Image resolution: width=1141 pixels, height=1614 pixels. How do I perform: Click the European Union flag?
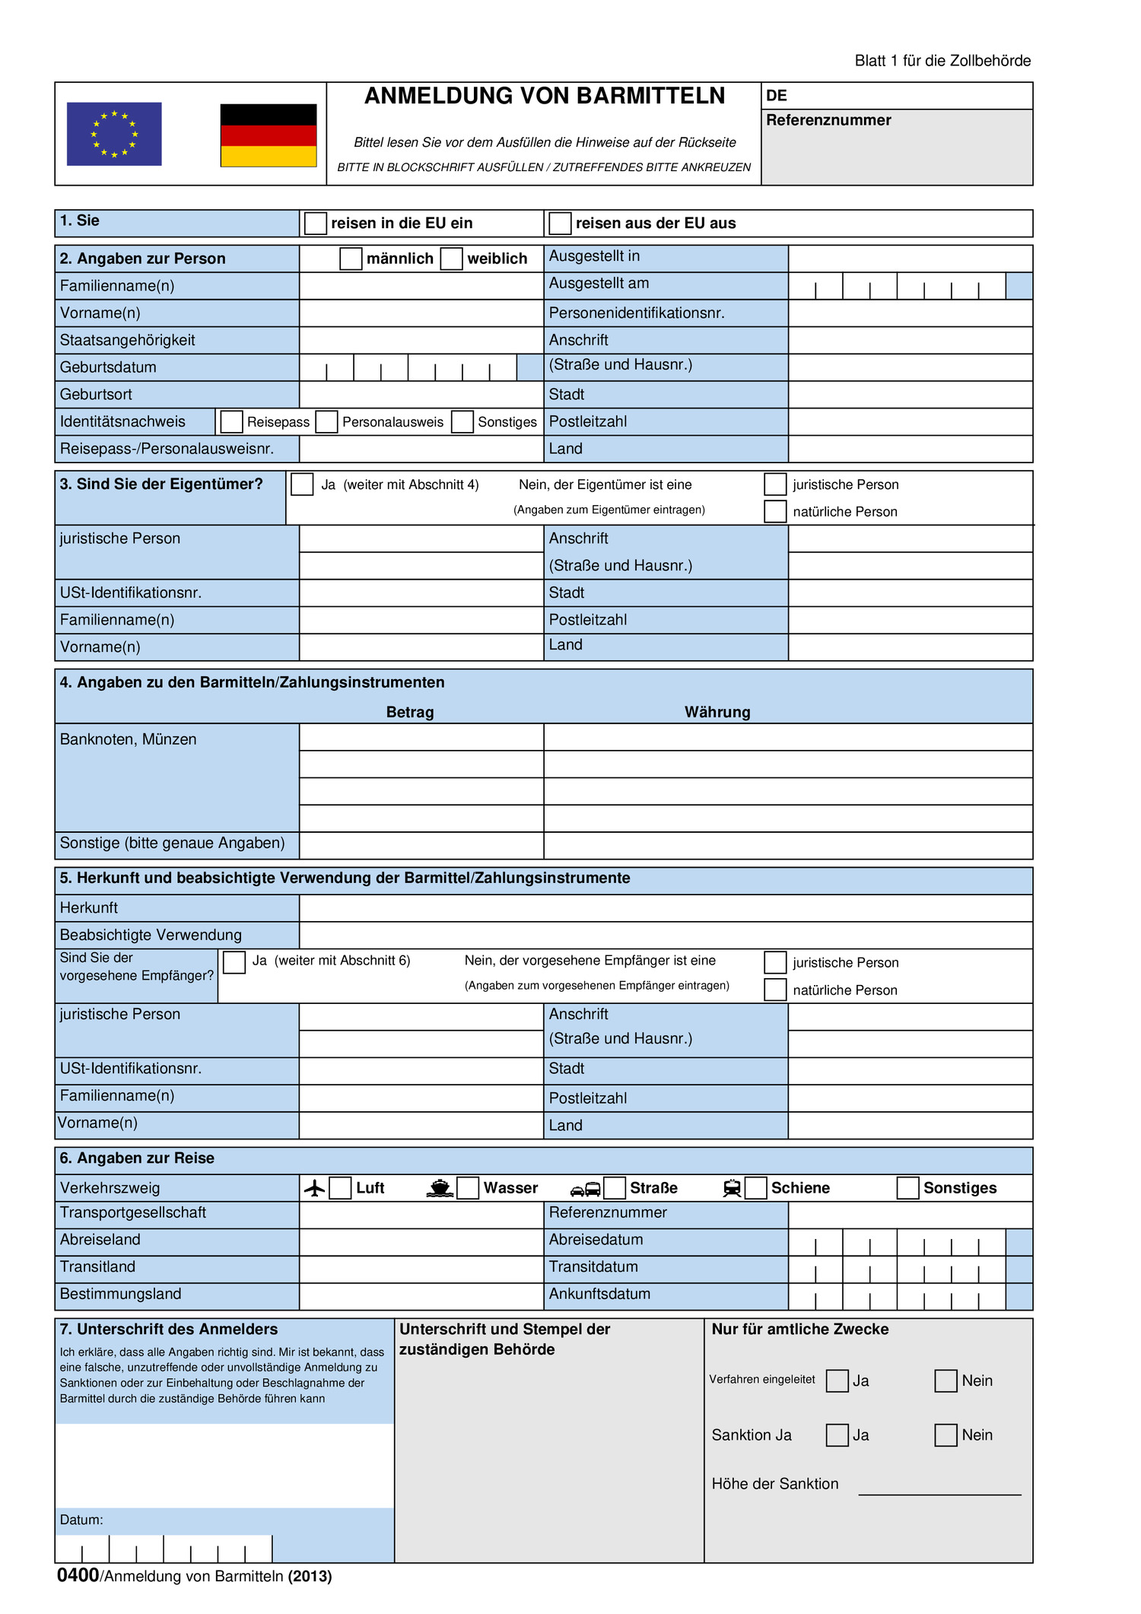pos(114,134)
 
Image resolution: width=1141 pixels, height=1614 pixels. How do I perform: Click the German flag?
pos(268,135)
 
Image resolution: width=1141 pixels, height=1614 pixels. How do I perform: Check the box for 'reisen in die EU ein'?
pos(315,224)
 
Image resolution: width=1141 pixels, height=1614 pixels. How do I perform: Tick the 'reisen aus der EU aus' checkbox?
pos(560,224)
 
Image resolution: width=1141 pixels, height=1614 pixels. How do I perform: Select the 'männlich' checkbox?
pos(351,259)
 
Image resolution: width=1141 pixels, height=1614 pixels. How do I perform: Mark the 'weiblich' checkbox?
pos(451,259)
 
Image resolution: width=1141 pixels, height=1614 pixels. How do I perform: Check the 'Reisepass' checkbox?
pos(232,422)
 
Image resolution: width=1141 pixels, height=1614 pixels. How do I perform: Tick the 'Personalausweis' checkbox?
pos(326,422)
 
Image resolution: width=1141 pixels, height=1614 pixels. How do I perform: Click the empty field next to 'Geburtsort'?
pos(421,395)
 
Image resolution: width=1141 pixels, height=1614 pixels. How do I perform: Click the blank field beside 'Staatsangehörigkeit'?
pos(421,340)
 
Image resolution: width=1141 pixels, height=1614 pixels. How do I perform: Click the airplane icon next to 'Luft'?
pos(314,1188)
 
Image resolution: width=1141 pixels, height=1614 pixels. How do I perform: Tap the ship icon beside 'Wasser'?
pos(440,1188)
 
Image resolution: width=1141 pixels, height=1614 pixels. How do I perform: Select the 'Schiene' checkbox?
pos(755,1188)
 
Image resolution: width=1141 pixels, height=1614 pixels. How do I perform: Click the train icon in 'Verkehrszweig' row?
pos(732,1188)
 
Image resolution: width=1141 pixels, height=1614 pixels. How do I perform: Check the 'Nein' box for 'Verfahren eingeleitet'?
pos(946,1381)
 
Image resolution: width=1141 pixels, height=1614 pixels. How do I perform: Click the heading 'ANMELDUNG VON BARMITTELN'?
pos(544,96)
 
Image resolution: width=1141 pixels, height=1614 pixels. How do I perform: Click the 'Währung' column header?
pos(717,713)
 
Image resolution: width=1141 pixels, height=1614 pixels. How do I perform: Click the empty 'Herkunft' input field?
pos(666,908)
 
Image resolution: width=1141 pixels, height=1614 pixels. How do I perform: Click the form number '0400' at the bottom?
pos(78,1575)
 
